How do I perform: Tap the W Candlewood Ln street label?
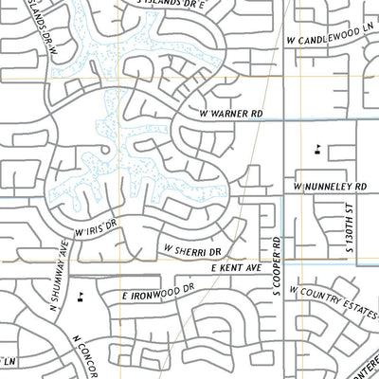coord(330,42)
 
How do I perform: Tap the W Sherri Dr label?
coord(192,251)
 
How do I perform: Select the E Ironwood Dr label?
coord(157,296)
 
